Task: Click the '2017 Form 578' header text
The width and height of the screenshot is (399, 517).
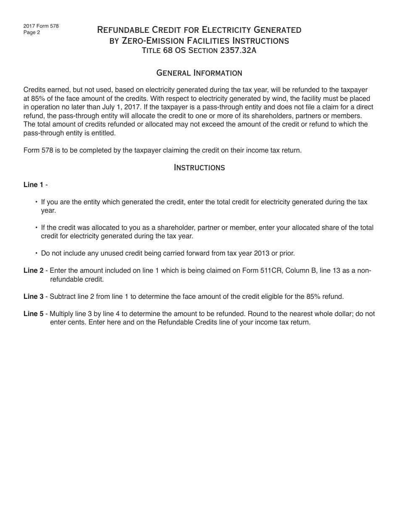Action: pos(41,26)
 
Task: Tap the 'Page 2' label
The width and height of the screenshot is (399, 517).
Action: pos(32,32)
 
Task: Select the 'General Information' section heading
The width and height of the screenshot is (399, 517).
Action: pos(199,73)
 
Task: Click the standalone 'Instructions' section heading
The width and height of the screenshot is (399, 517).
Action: pos(199,168)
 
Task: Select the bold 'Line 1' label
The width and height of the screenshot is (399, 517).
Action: pos(33,185)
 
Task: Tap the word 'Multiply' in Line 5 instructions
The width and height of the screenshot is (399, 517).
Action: pos(62,314)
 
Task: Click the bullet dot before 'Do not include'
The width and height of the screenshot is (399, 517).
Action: pos(37,253)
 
